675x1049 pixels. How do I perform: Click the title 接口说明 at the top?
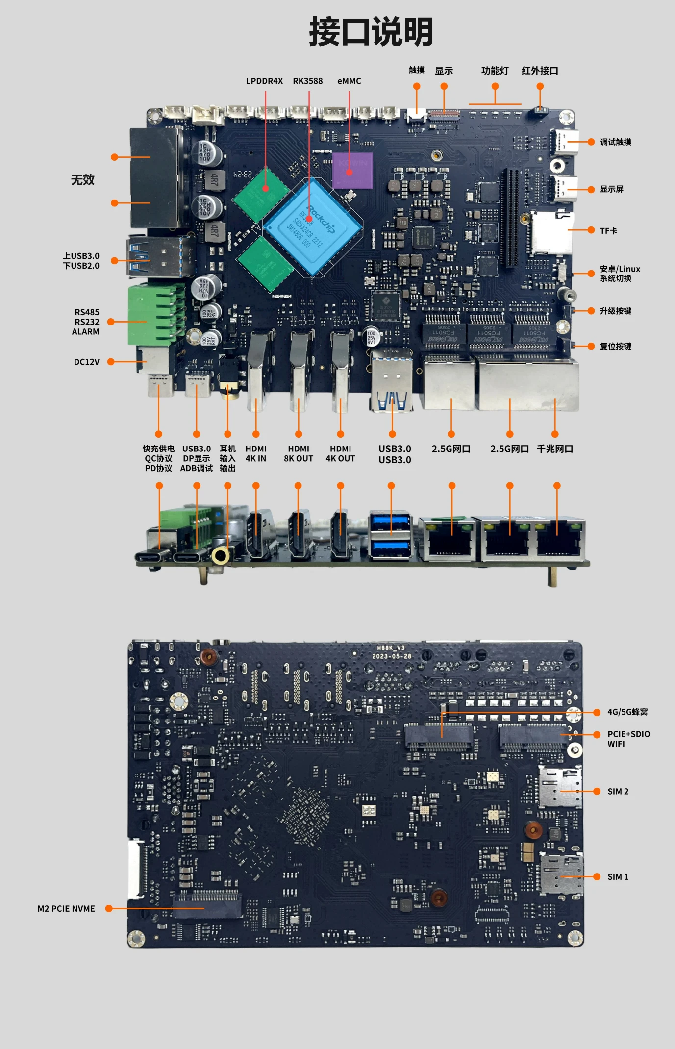tap(371, 32)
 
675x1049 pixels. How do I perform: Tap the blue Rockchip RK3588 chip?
tap(313, 227)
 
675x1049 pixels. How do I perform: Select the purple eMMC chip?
tap(352, 171)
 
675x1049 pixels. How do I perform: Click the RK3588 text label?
tap(307, 81)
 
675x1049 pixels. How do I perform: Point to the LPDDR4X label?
tap(264, 81)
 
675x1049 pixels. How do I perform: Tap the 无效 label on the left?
tap(83, 180)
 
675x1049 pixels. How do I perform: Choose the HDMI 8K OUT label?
tap(298, 454)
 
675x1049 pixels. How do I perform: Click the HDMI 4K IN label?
tap(255, 454)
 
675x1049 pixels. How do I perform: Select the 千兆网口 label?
tap(555, 449)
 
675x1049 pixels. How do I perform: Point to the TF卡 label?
tap(608, 231)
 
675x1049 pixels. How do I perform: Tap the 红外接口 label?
tap(540, 71)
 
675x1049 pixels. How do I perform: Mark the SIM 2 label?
tap(618, 792)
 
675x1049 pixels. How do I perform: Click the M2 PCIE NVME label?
tap(66, 909)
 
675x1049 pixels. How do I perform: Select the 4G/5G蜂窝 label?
tap(627, 712)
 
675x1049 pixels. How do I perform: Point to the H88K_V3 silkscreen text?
tap(391, 648)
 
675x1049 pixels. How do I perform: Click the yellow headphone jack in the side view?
tap(220, 556)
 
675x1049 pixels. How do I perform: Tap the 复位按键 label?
tap(615, 347)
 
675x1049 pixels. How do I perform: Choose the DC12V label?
tap(86, 362)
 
